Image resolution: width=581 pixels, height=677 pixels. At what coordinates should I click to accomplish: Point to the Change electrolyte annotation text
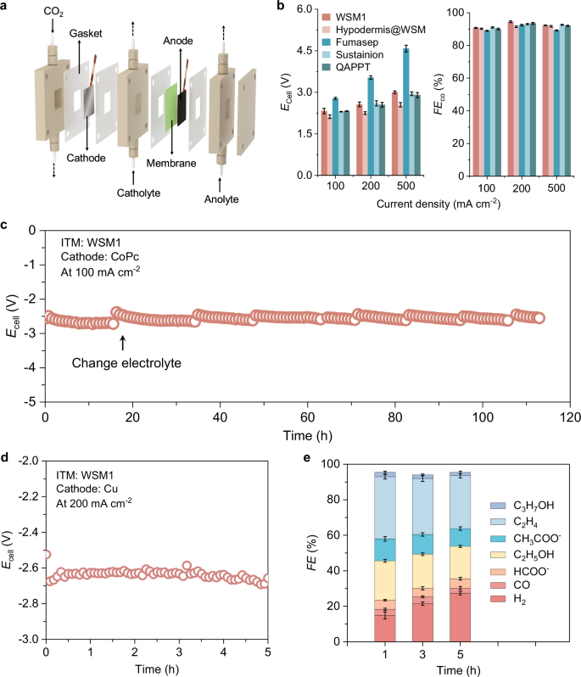click(x=126, y=363)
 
